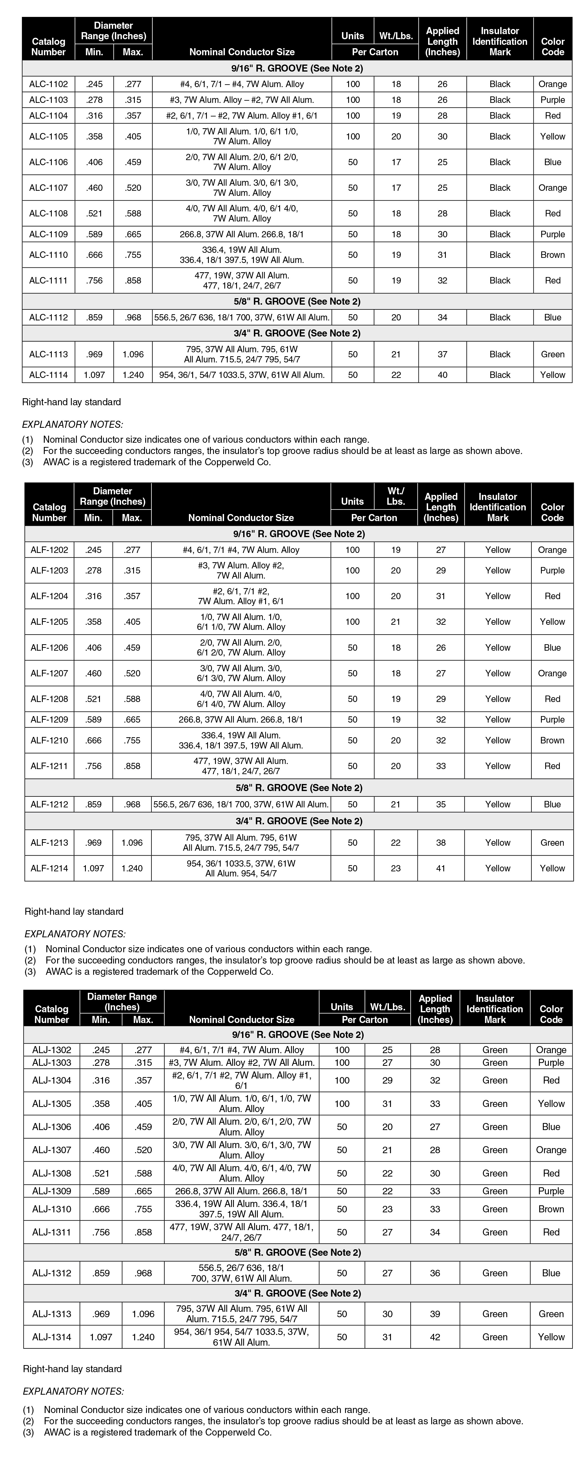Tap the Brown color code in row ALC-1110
click(x=553, y=254)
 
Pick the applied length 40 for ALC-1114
click(x=442, y=375)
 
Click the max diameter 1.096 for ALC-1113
click(x=133, y=354)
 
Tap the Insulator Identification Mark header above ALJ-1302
click(x=495, y=1009)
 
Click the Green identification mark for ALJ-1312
click(x=495, y=1273)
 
